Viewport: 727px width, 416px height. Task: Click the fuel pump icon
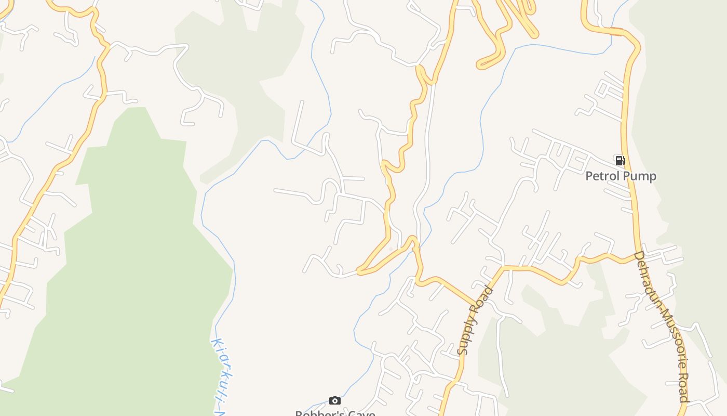click(620, 160)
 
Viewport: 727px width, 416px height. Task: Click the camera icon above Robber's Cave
click(335, 400)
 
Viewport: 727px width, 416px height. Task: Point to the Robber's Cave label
click(335, 413)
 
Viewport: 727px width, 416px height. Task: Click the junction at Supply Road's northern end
click(502, 268)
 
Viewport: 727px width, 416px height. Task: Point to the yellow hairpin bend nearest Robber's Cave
click(359, 271)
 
